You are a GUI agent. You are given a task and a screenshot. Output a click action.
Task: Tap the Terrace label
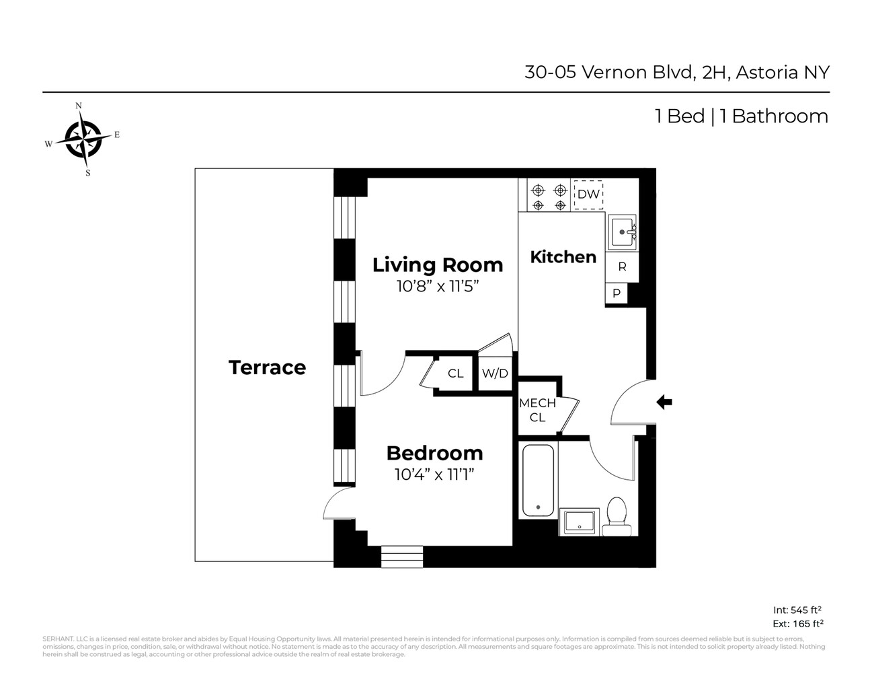(267, 367)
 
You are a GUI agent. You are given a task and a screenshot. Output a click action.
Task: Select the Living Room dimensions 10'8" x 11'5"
(438, 286)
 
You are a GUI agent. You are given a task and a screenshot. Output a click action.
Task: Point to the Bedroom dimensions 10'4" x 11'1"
(434, 474)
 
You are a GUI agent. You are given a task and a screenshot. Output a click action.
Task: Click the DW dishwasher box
(588, 194)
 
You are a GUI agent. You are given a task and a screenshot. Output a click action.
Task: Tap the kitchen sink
(623, 232)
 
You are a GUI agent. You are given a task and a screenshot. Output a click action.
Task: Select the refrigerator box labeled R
(622, 267)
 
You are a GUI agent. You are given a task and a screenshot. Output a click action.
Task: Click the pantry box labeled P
(616, 294)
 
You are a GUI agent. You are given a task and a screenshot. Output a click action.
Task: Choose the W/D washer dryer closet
(495, 374)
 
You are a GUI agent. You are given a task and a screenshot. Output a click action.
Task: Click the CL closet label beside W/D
(456, 374)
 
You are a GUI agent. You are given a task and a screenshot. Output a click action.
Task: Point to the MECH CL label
(537, 410)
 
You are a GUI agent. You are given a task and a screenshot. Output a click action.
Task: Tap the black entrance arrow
(664, 402)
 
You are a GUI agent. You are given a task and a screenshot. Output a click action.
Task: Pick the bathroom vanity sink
(579, 522)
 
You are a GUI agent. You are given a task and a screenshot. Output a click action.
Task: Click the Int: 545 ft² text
(797, 610)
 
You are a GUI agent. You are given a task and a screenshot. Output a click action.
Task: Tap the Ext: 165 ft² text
(798, 623)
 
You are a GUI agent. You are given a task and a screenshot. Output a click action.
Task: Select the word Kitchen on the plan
(563, 257)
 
